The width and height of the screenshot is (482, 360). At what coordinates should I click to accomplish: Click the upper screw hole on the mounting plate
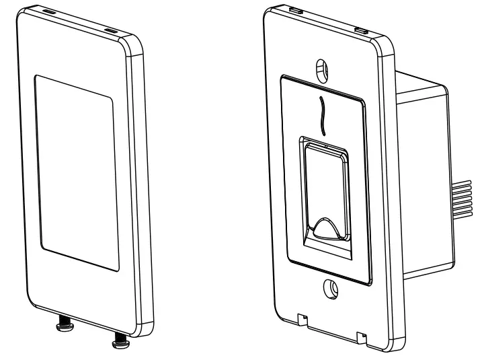(x=322, y=69)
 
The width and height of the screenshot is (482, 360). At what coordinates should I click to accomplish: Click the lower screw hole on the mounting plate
(x=330, y=287)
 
